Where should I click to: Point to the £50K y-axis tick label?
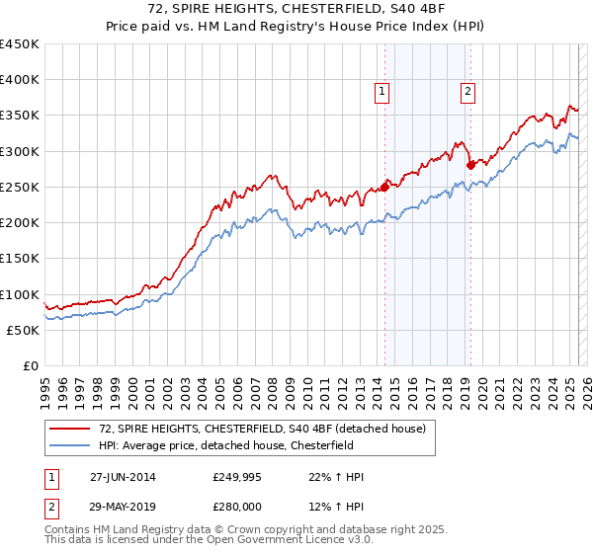click(x=23, y=330)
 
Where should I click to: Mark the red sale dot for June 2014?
click(x=385, y=187)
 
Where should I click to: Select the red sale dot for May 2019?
click(x=470, y=165)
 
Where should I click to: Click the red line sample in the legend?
click(x=70, y=429)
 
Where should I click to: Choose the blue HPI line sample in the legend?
click(x=70, y=445)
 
